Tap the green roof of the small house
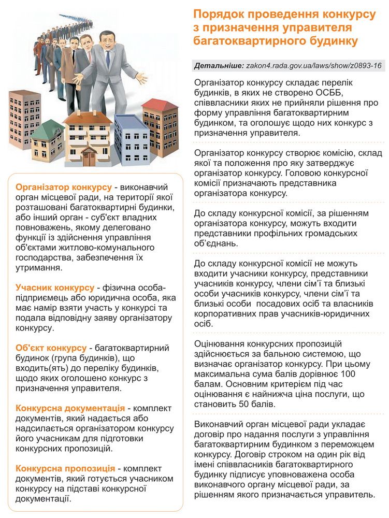pos(47,127)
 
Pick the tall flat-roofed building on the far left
pos(24,119)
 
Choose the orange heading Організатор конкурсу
pos(64,186)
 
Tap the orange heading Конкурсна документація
pos(70,408)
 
